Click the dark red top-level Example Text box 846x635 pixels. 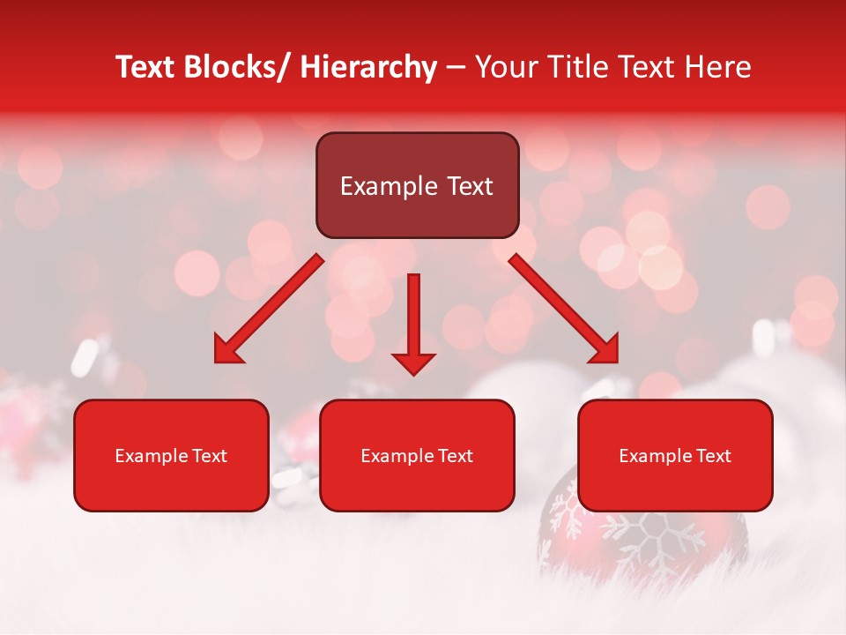click(417, 185)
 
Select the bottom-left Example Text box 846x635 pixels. click(171, 455)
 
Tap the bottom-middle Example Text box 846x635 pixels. click(417, 455)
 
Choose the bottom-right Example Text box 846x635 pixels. click(675, 455)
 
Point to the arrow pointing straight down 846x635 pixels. click(413, 323)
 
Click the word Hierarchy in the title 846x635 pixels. click(368, 68)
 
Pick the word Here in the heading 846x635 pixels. click(717, 68)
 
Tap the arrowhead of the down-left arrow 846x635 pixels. click(228, 350)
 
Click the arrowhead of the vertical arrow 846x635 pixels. click(413, 363)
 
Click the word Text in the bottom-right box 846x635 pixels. click(713, 456)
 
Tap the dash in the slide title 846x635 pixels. click(456, 68)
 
